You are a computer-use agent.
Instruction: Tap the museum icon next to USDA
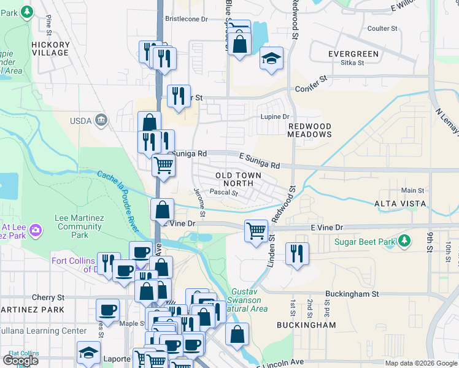click(x=102, y=120)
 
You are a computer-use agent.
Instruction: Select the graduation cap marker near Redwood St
click(x=271, y=59)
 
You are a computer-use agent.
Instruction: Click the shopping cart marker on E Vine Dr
click(x=256, y=231)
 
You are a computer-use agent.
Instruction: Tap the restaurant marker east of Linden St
click(x=297, y=253)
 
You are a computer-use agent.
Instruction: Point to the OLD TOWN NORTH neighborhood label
click(x=238, y=179)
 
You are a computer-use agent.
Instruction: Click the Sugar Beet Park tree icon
click(x=403, y=242)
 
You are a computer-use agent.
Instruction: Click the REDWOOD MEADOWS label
click(x=310, y=129)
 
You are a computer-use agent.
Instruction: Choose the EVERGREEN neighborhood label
click(x=353, y=54)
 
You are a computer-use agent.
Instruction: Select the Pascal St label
click(x=224, y=192)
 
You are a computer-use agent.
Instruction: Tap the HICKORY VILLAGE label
click(x=50, y=49)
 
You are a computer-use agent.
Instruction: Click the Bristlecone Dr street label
click(x=187, y=19)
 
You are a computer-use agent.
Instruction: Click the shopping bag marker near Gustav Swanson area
click(x=237, y=334)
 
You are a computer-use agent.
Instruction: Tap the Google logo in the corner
click(x=20, y=361)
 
